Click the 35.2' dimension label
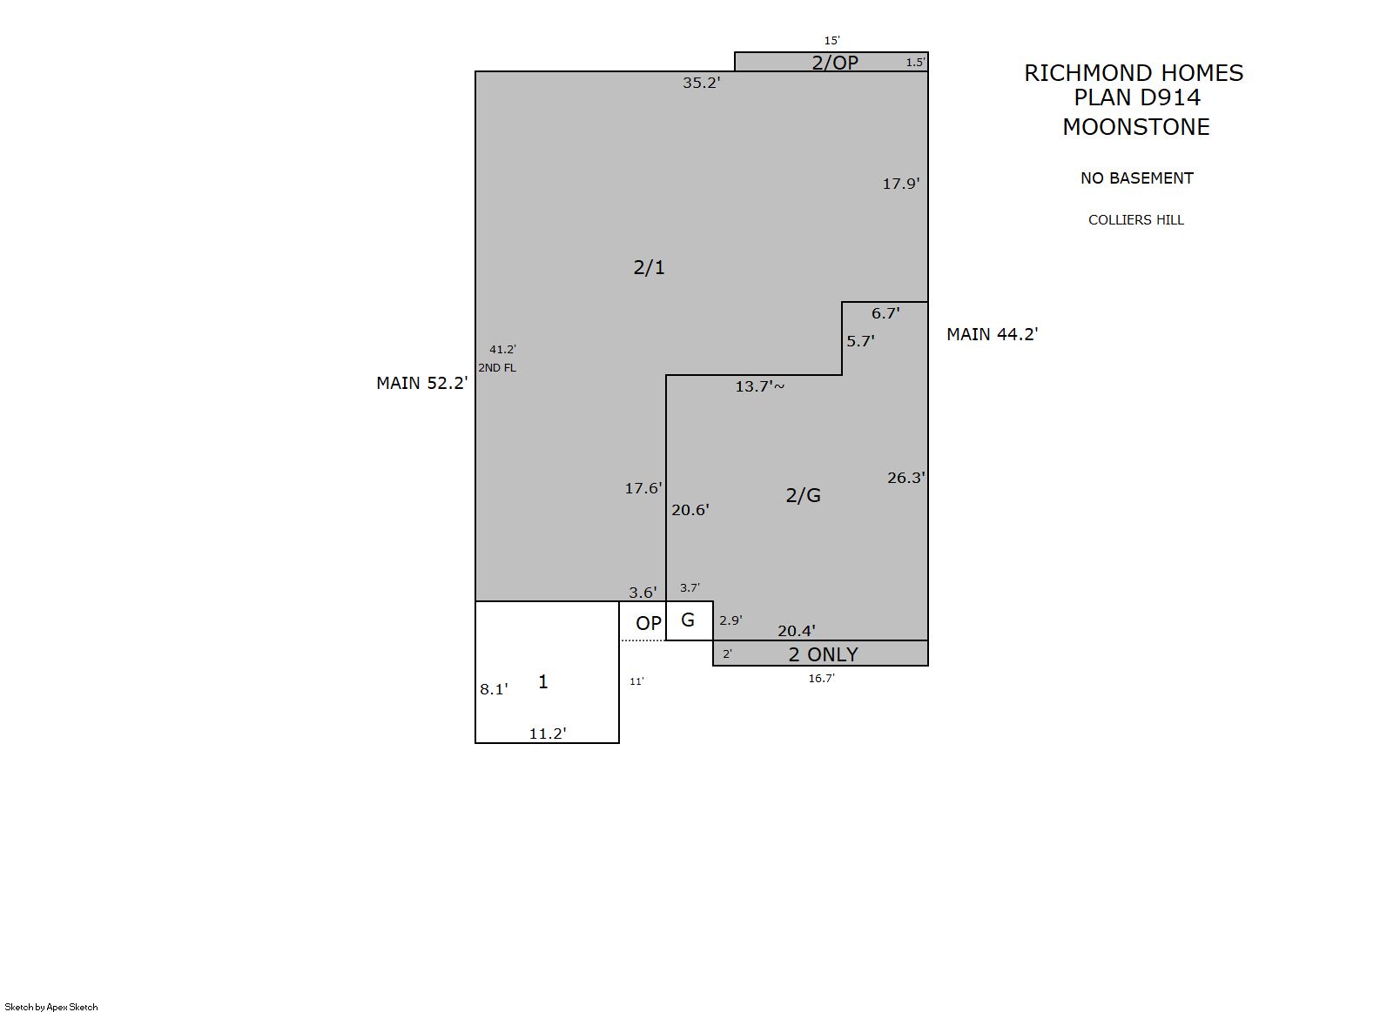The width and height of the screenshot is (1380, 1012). click(x=701, y=83)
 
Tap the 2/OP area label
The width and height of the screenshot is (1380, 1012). click(x=835, y=62)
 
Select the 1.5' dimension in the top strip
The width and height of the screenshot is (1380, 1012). click(x=915, y=62)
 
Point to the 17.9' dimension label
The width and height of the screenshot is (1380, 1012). click(x=900, y=184)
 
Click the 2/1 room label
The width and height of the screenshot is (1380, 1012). click(x=650, y=267)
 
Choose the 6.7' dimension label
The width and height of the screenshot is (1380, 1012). click(x=885, y=313)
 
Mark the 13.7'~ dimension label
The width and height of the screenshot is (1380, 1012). click(x=760, y=386)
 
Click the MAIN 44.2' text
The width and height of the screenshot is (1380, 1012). click(x=993, y=334)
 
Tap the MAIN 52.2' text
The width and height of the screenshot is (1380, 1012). click(x=422, y=383)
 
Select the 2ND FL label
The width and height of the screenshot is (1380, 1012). click(x=497, y=367)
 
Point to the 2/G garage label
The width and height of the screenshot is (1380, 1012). click(x=804, y=495)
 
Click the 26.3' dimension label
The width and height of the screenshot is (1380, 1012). click(x=906, y=478)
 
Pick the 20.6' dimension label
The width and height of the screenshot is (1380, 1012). click(x=690, y=510)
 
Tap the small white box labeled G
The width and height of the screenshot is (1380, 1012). click(x=690, y=620)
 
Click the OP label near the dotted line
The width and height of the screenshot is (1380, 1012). click(x=649, y=624)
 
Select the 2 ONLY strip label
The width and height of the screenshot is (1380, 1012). click(x=823, y=654)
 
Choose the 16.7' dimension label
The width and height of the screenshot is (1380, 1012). click(x=822, y=679)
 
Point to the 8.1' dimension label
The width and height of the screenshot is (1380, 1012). click(x=494, y=689)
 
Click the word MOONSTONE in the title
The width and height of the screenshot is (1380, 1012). click(x=1136, y=127)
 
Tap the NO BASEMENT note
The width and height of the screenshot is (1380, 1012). click(x=1137, y=178)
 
